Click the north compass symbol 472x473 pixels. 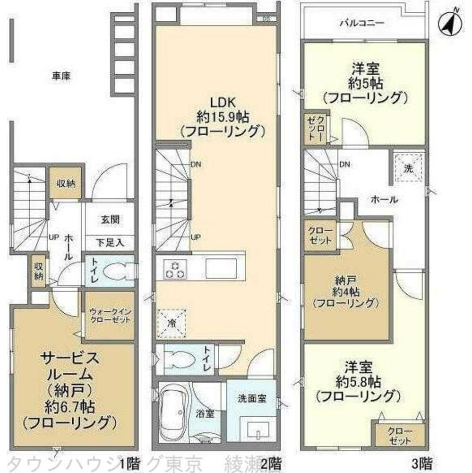pyautogui.click(x=449, y=21)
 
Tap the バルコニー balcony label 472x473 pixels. pyautogui.click(x=361, y=22)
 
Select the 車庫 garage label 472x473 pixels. pyautogui.click(x=61, y=75)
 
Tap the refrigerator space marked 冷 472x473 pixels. pyautogui.click(x=172, y=324)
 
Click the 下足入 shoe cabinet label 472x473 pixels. pyautogui.click(x=110, y=243)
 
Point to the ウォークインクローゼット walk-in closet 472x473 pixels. pyautogui.click(x=110, y=315)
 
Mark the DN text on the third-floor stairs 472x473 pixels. pyautogui.click(x=344, y=165)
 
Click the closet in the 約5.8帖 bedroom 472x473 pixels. pyautogui.click(x=400, y=434)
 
